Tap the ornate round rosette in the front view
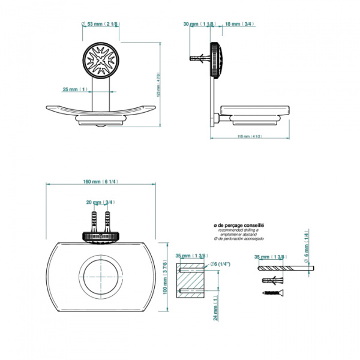[x=101, y=61]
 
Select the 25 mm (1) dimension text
[x=75, y=89]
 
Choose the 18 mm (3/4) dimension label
[x=239, y=24]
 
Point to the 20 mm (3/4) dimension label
[x=101, y=202]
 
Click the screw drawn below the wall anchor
[x=271, y=293]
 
